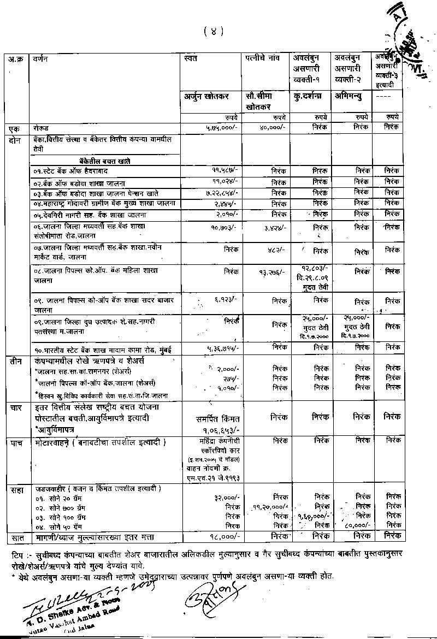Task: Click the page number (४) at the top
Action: pyautogui.click(x=214, y=32)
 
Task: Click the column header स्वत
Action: pyautogui.click(x=191, y=57)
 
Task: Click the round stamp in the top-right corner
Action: pyautogui.click(x=412, y=38)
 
